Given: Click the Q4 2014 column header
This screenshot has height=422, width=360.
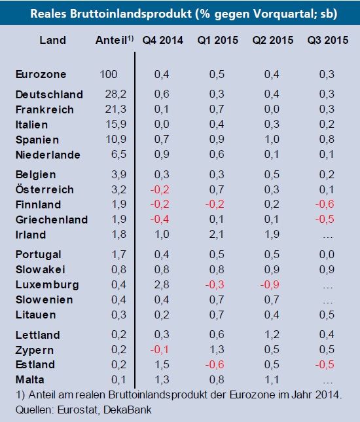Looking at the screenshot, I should point(162,40).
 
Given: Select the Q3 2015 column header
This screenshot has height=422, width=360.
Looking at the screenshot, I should point(328,40).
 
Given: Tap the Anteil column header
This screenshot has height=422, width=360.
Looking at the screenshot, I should point(112,40).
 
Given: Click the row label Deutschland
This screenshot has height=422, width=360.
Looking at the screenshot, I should point(49,94).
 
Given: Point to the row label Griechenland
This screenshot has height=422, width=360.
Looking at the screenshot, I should point(51,220).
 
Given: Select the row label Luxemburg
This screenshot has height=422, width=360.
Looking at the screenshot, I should point(46,284).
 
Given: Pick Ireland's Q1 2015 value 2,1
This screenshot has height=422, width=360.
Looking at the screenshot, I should point(217,235).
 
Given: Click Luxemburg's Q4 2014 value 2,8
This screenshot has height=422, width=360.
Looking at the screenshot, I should point(162,284).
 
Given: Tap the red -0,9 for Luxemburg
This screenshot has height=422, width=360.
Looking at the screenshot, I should point(271,284).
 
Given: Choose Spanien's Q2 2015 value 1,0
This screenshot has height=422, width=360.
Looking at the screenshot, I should point(272,140).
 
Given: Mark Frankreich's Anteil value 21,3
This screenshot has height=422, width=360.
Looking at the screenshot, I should point(115,109).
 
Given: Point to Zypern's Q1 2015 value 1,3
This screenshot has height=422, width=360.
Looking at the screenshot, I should point(217,349).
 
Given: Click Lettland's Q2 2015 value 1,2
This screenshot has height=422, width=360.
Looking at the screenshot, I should point(272,334).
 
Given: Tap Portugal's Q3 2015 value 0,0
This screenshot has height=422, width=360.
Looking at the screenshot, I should point(328,254).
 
